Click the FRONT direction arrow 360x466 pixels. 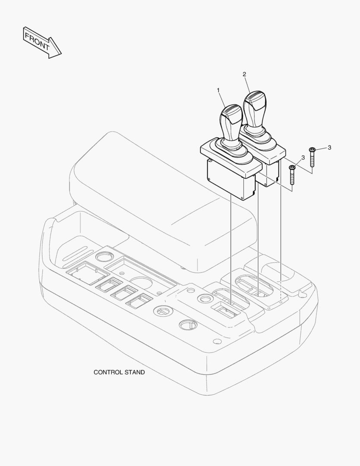(42, 42)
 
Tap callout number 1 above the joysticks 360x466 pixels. (218, 90)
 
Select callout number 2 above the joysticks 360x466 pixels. (244, 74)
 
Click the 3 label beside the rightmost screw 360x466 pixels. (329, 148)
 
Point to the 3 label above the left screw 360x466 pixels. (303, 157)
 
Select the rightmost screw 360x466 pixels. (312, 157)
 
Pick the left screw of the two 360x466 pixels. (292, 175)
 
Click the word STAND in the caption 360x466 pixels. (135, 372)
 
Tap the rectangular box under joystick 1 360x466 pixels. (231, 179)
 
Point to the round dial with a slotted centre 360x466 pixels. (162, 311)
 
